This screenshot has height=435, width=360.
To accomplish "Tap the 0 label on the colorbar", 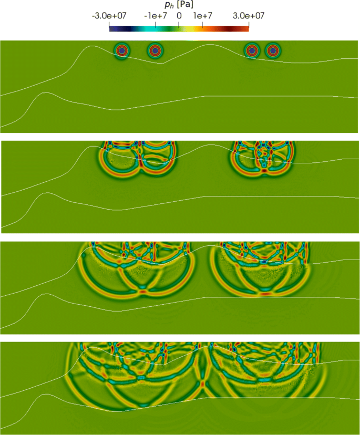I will coord(179,16).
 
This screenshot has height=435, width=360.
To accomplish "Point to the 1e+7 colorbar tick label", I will coord(203,16).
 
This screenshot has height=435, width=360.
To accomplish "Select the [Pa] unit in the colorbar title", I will coord(187,4).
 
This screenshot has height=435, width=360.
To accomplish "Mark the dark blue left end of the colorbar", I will coord(110,27).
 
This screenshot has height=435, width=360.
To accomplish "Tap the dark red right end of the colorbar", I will coord(247,27).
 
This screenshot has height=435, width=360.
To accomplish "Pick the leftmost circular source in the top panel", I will coord(122,50).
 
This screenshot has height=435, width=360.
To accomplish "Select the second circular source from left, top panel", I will coord(155,50).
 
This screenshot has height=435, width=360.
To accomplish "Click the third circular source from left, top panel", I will coord(252,50).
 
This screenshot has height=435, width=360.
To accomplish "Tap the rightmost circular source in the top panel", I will coord(272,50).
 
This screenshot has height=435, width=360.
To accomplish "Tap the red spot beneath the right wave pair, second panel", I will coord(264,171).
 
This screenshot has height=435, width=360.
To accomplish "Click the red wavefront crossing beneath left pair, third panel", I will coord(140,290).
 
